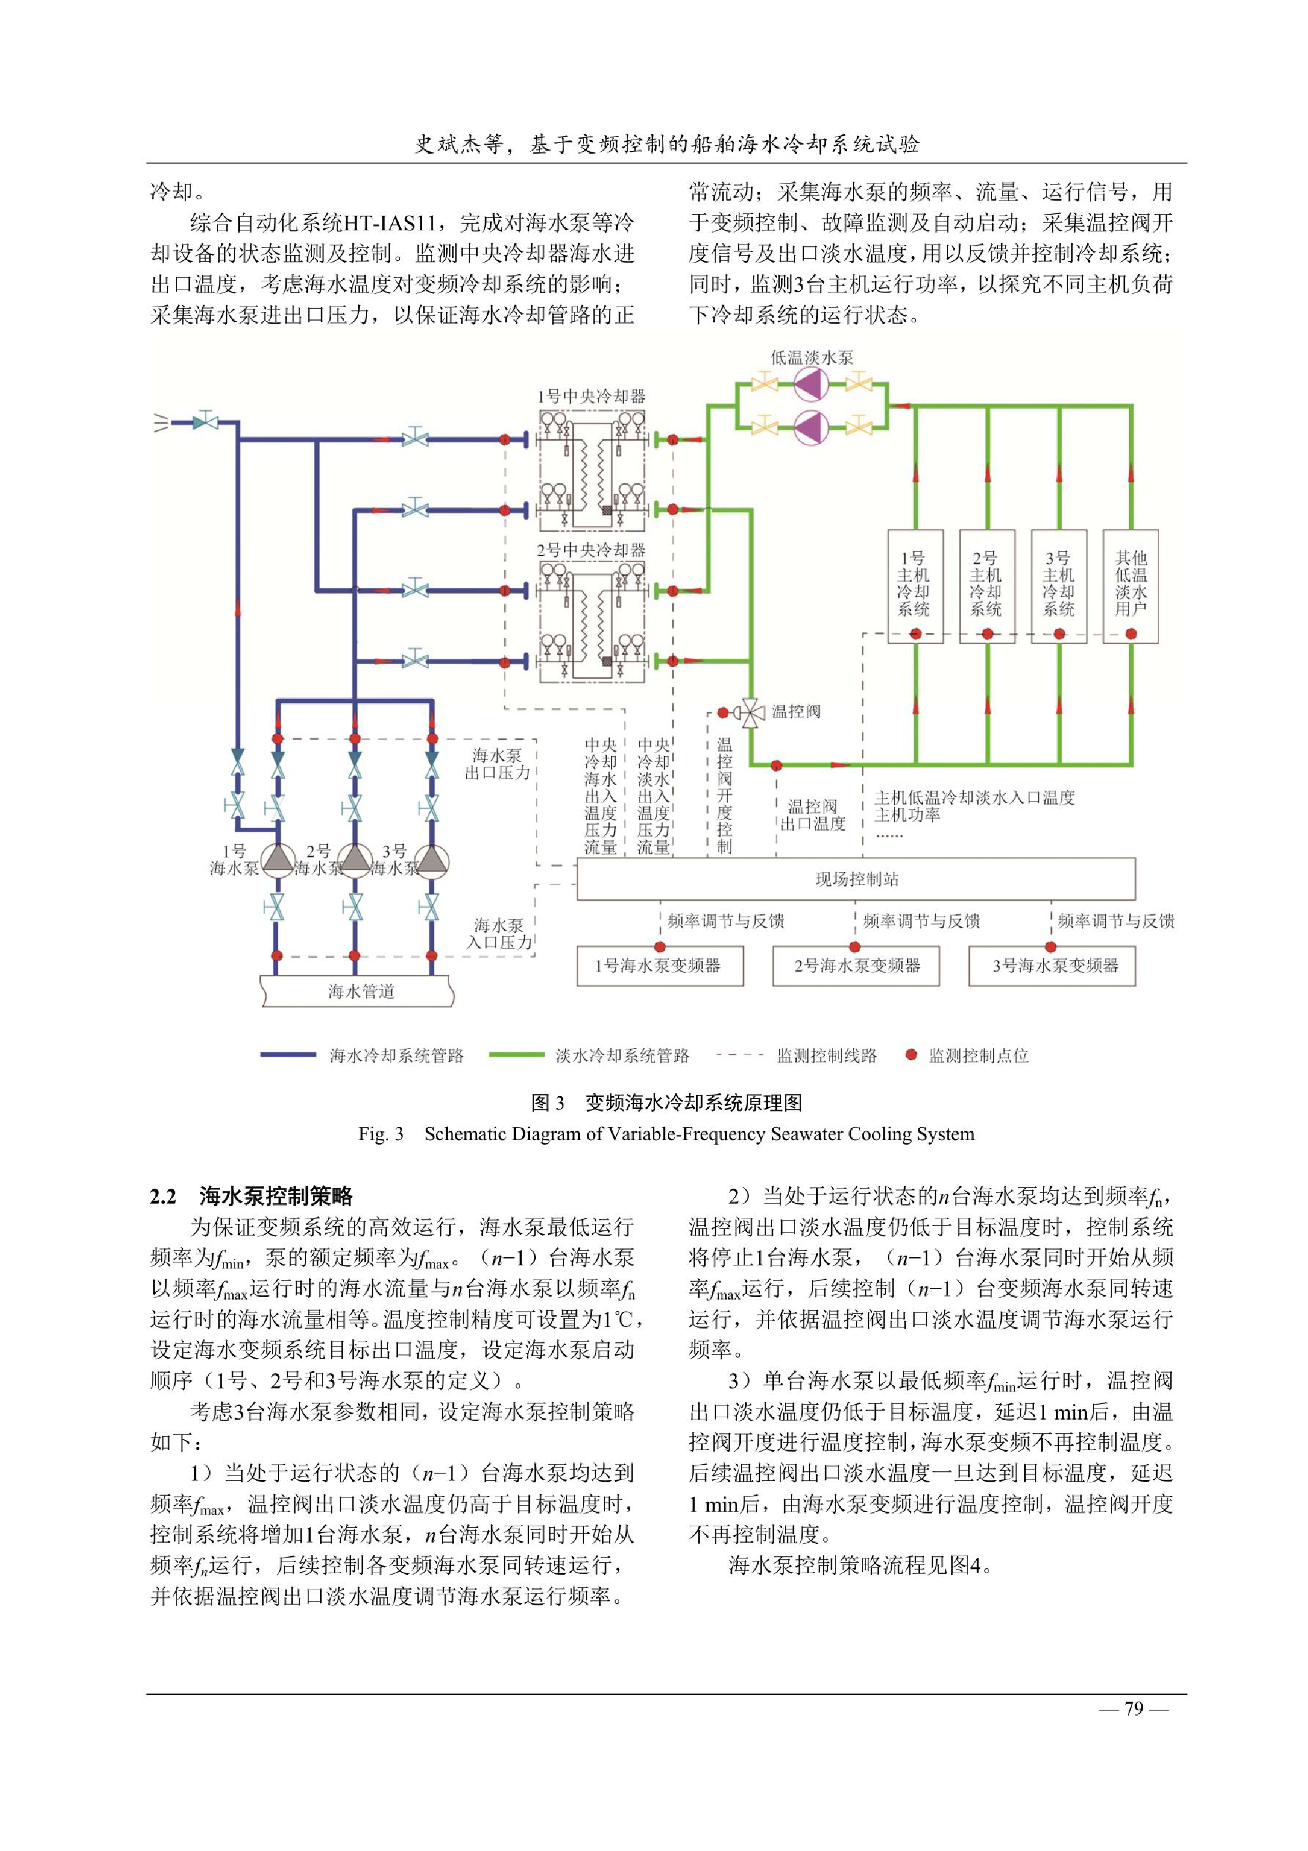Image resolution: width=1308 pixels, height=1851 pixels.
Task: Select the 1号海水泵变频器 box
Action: pyautogui.click(x=660, y=966)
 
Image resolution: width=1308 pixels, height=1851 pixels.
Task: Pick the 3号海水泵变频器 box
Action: pyautogui.click(x=1052, y=966)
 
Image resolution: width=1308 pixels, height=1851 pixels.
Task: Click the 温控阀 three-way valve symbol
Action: pyautogui.click(x=753, y=713)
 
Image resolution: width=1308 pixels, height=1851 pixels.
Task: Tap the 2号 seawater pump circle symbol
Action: pyautogui.click(x=354, y=861)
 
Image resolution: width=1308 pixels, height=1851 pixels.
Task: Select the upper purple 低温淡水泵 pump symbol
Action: pyautogui.click(x=811, y=385)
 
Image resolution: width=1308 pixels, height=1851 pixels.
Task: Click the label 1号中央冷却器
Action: pyautogui.click(x=591, y=397)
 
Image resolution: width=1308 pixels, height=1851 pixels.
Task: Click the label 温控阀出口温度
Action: pyautogui.click(x=813, y=815)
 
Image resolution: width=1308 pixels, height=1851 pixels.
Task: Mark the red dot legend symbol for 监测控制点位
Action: pyautogui.click(x=911, y=1055)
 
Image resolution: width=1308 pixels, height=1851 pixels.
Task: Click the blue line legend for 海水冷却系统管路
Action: pyautogui.click(x=288, y=1055)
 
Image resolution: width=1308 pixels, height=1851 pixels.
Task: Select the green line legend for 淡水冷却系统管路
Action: pyautogui.click(x=516, y=1055)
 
